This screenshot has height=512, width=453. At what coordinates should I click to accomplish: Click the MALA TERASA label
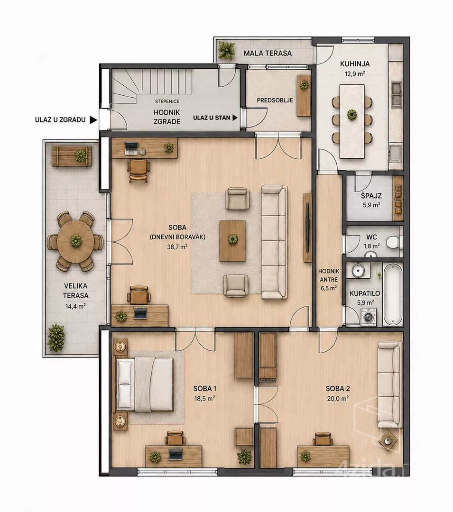(268, 53)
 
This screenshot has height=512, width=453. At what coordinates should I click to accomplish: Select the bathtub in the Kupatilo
(392, 294)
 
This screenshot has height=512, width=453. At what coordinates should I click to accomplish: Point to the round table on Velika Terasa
(76, 241)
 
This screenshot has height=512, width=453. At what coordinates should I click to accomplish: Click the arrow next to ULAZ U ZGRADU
(94, 120)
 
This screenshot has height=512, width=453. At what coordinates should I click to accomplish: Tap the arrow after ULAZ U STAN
(235, 118)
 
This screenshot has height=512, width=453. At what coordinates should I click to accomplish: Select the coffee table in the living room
(232, 241)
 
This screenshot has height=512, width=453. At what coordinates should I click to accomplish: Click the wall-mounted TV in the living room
(307, 227)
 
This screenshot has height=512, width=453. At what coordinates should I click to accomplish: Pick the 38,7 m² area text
(177, 247)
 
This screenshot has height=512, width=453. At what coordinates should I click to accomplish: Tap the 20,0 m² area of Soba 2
(338, 398)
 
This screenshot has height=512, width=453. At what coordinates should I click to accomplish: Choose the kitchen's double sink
(397, 94)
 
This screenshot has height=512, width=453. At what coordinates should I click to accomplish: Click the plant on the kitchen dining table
(352, 115)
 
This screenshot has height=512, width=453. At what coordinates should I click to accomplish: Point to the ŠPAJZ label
(371, 196)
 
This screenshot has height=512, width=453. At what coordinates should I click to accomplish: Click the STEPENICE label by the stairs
(167, 101)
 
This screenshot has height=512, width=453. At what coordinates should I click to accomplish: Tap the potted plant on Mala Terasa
(226, 50)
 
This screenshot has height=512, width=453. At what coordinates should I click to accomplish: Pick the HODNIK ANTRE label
(329, 275)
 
